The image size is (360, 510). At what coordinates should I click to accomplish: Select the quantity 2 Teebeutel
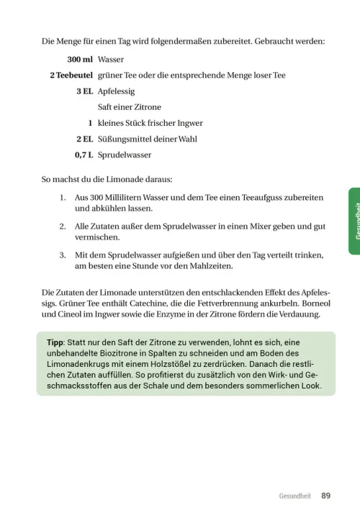click(71, 76)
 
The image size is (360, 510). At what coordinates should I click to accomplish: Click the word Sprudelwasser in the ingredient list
click(125, 155)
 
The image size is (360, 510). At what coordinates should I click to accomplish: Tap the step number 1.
click(63, 197)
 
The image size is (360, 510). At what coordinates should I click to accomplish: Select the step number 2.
click(63, 226)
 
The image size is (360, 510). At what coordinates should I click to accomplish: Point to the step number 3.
click(63, 255)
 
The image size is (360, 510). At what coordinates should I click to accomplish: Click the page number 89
click(326, 496)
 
